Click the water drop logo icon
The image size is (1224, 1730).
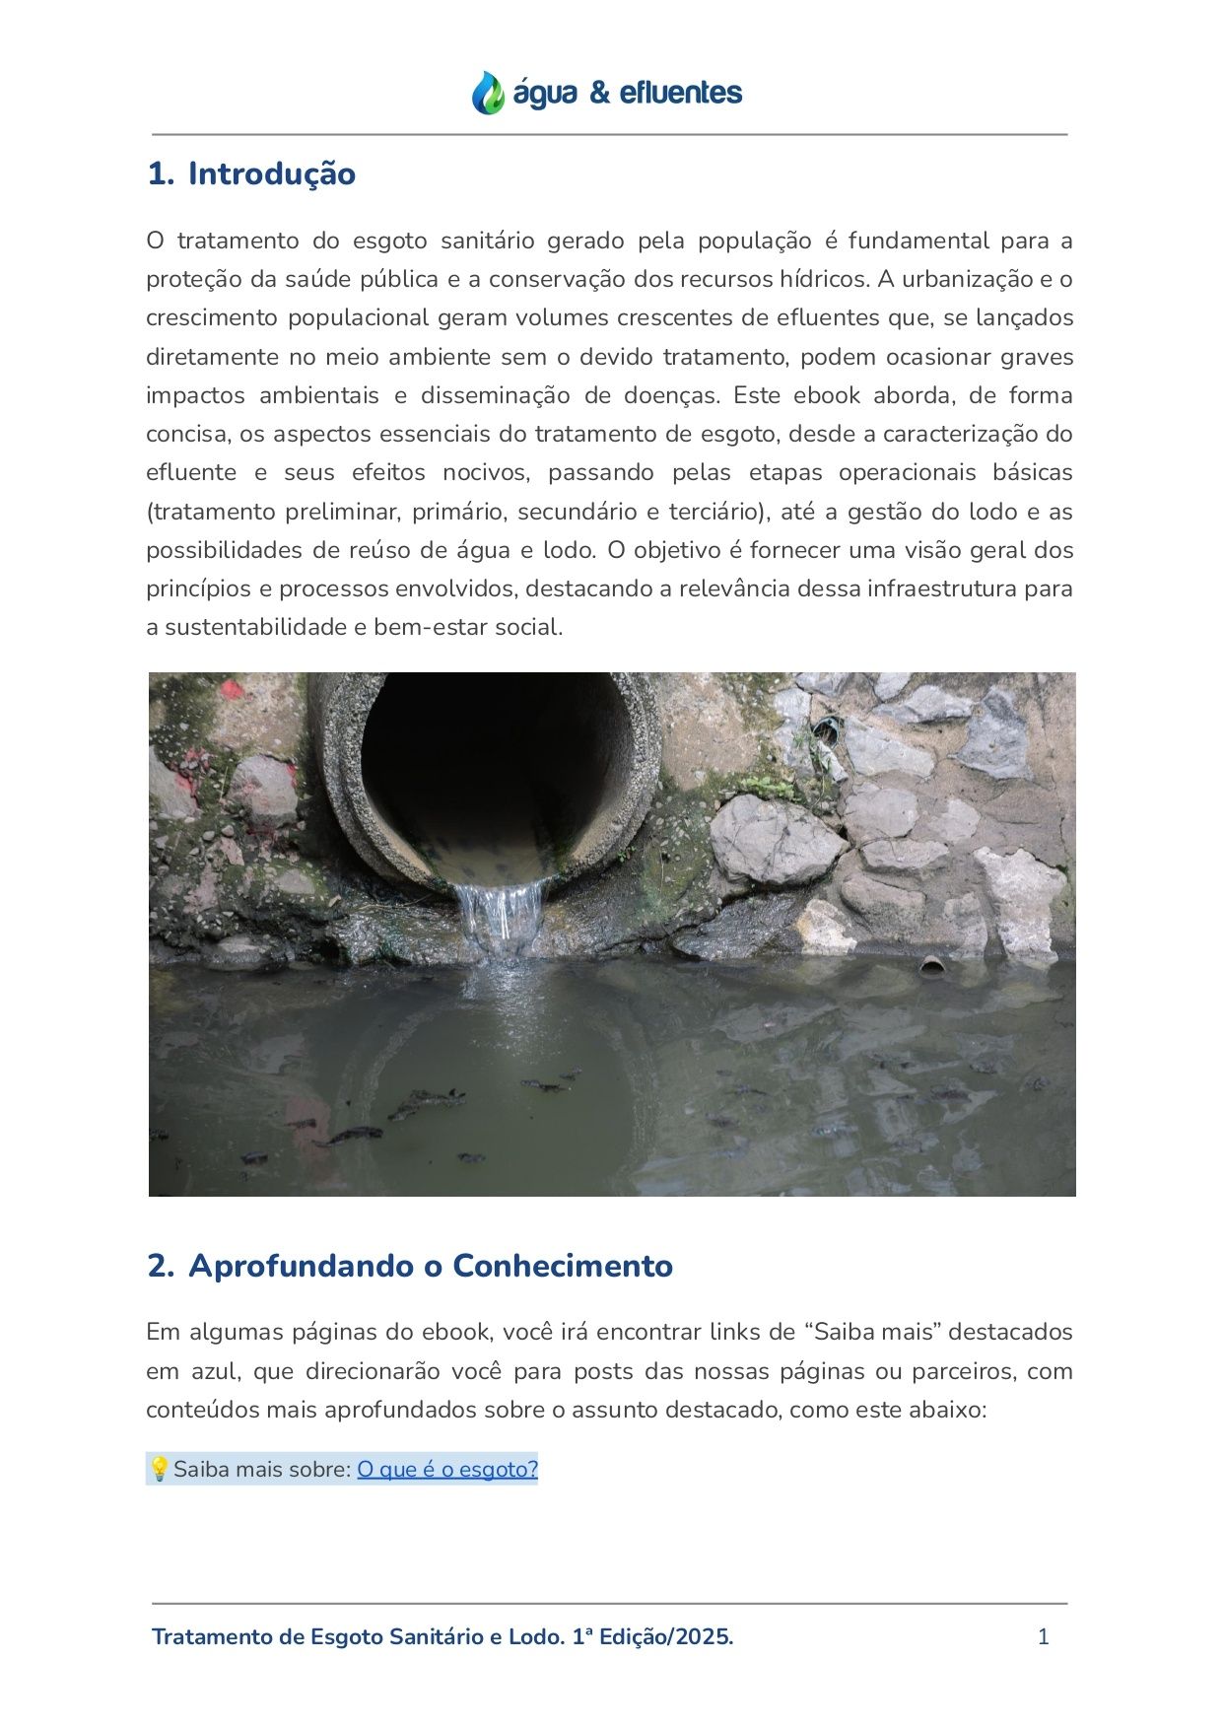click(487, 93)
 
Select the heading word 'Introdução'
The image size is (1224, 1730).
click(271, 173)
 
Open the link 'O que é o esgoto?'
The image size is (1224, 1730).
click(447, 1470)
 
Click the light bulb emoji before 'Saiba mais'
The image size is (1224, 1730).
click(159, 1470)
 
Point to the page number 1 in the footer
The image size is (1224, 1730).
click(1044, 1637)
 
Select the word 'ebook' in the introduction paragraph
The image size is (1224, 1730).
click(827, 396)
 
